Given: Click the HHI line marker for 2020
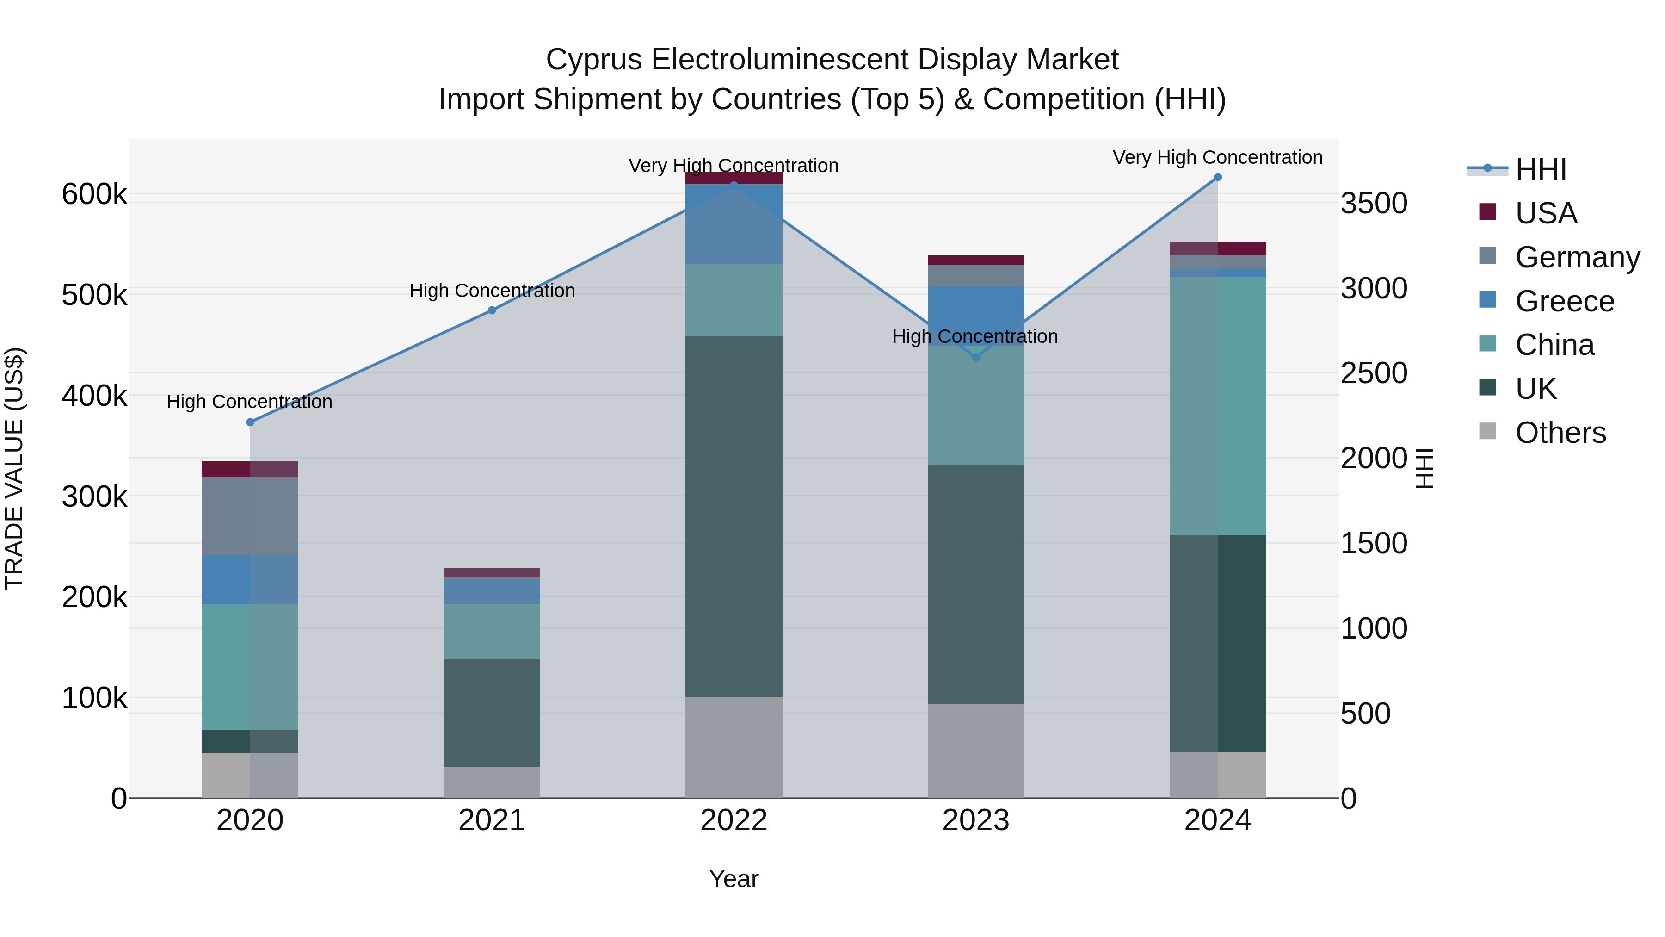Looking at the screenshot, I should coord(250,422).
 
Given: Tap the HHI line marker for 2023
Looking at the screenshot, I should coord(976,357).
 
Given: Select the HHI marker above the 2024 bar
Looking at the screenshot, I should coord(1218,177).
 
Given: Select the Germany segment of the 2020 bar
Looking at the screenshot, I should coord(250,516).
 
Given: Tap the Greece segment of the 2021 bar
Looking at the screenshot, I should coord(492,590).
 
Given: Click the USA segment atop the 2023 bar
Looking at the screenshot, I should coord(976,260).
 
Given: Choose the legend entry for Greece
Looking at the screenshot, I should coord(1564,301).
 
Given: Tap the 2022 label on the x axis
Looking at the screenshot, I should coord(734,820).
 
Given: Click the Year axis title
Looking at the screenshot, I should coord(734,879).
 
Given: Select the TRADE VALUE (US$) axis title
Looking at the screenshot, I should coord(14,468).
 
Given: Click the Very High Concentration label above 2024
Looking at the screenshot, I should coord(1218,157).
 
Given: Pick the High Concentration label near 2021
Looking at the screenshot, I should coord(492,290).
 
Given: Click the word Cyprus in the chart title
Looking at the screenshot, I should coord(594,60).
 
